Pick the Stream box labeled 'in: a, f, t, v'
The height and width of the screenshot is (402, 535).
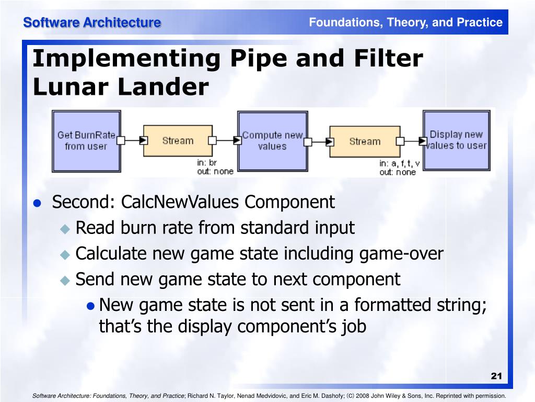[364, 141]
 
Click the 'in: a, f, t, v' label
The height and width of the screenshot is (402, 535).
[399, 163]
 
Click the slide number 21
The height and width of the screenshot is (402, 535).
[496, 376]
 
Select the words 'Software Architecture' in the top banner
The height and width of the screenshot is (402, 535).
[92, 23]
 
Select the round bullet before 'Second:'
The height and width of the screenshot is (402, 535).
[38, 203]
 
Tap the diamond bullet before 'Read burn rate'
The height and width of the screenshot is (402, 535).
[65, 229]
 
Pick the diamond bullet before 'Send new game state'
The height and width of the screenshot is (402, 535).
[65, 280]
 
